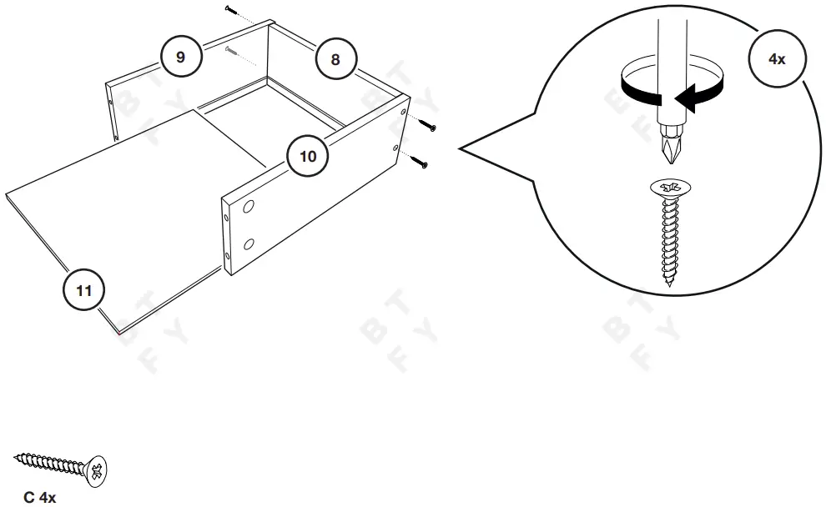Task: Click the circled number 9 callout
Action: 181,57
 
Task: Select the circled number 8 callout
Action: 335,59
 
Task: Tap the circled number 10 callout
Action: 308,156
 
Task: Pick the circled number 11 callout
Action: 84,290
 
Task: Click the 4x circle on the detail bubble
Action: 776,59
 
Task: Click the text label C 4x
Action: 39,498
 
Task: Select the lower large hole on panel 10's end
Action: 248,244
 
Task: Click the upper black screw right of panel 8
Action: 428,126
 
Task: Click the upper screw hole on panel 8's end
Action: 405,111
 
